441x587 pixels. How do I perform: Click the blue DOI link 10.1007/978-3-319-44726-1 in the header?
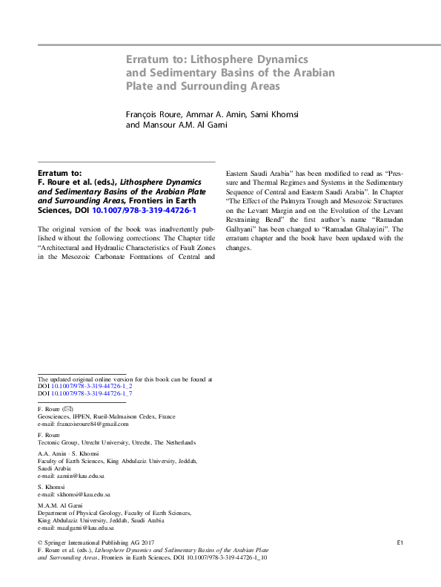point(144,210)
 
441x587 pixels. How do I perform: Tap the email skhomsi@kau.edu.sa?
point(82,494)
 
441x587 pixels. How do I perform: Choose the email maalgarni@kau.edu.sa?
point(85,528)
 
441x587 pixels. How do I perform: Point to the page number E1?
point(399,543)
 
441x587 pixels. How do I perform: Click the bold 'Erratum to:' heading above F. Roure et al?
point(59,173)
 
